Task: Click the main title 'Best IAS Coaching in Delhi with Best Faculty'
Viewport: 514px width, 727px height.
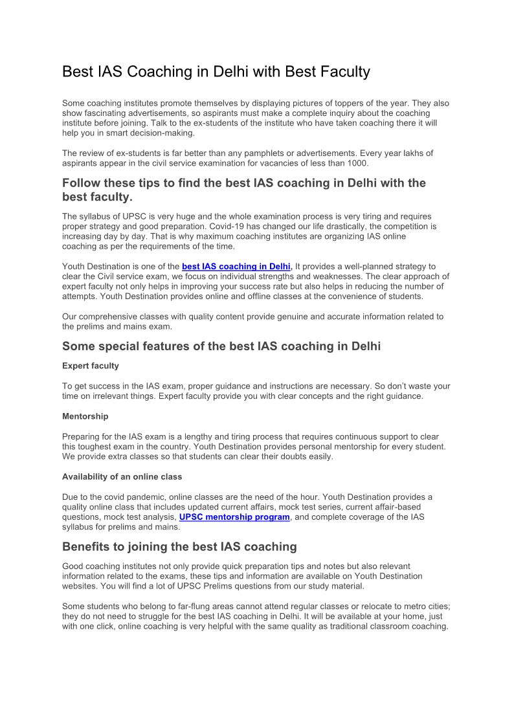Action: coord(216,72)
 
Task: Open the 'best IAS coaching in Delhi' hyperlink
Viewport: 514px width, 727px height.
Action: coord(237,266)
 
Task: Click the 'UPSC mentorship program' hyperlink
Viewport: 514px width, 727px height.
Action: coord(234,517)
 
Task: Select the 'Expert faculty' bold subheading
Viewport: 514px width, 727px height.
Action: coord(91,366)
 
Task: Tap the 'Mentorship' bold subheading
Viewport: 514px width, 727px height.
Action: coord(85,416)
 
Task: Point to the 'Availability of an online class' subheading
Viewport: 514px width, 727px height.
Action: coord(122,476)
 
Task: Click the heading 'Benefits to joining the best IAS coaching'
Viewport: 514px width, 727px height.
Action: coord(179,547)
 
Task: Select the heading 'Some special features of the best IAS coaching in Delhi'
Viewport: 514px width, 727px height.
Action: coord(221,346)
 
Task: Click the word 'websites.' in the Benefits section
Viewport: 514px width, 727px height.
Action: coord(82,586)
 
